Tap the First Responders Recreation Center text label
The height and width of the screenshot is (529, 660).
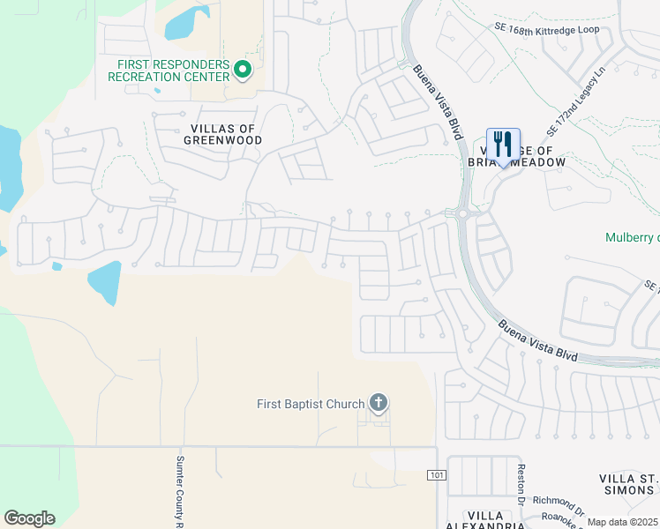tap(169, 71)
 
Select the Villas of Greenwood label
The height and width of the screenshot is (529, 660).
tap(223, 134)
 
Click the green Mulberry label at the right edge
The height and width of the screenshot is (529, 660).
tap(632, 238)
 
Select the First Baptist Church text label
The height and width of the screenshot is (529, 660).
tap(311, 405)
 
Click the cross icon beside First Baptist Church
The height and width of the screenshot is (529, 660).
tap(379, 404)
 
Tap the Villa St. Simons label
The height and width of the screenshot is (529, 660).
tap(628, 484)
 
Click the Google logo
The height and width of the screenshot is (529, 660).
tap(29, 518)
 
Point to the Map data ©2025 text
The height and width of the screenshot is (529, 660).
tap(623, 522)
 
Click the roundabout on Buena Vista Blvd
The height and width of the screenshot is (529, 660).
tap(461, 213)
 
